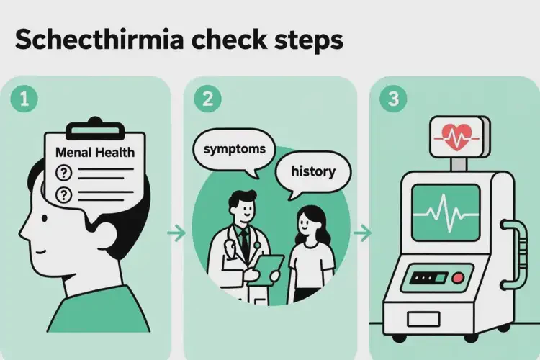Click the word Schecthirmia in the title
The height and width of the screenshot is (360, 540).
click(99, 40)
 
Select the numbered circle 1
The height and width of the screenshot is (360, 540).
click(24, 99)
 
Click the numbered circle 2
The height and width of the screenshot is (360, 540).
click(207, 99)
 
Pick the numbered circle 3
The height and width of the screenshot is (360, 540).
click(393, 99)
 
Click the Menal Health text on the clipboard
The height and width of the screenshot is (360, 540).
click(95, 152)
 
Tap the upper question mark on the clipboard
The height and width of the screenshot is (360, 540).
click(63, 173)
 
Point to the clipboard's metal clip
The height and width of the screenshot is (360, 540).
click(95, 128)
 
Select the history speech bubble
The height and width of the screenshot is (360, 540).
click(313, 173)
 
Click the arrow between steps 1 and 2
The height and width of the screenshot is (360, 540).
click(176, 233)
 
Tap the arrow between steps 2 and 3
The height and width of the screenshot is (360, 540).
click(362, 233)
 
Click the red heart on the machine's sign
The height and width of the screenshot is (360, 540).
click(456, 137)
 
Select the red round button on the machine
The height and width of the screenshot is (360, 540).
click(458, 278)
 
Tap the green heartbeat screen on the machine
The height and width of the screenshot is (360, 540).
click(446, 213)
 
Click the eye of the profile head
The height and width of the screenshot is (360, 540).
click(45, 218)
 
